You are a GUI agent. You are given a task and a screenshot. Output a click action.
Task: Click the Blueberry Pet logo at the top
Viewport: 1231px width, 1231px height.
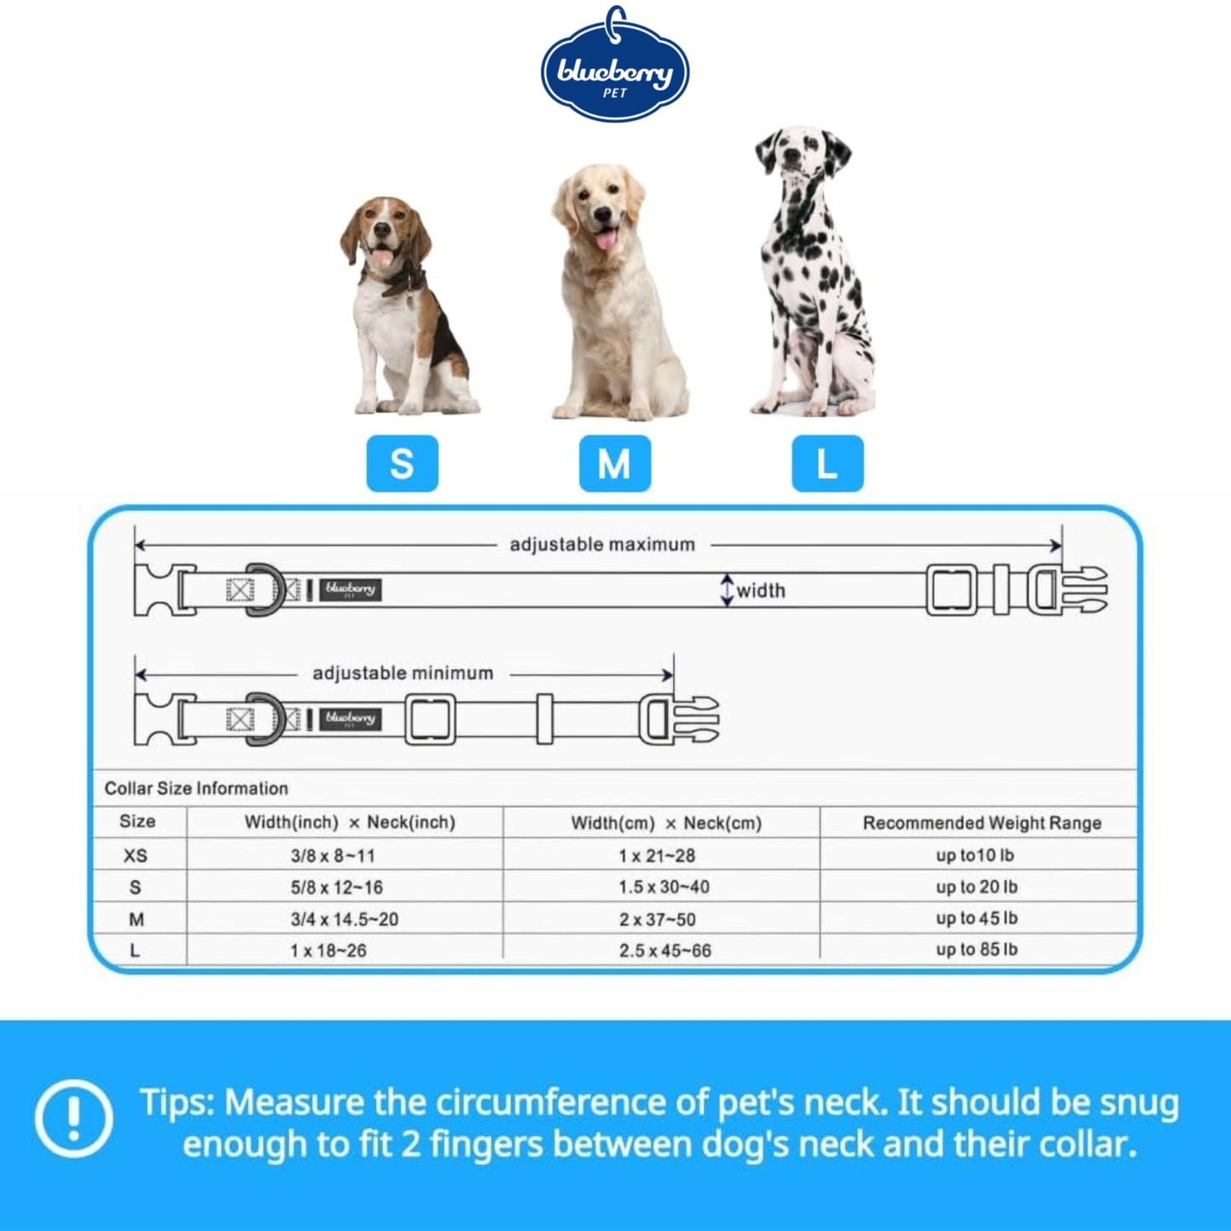(614, 67)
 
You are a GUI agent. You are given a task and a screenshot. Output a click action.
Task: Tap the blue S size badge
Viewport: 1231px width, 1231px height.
(402, 463)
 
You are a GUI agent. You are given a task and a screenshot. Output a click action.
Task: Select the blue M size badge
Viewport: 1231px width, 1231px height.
(614, 463)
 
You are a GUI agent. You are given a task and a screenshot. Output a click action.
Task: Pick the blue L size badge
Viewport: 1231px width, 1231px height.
(827, 463)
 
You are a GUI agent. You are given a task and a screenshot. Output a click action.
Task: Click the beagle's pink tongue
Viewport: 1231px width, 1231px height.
(382, 257)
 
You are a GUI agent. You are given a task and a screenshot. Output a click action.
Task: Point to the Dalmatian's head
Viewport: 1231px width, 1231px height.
(802, 153)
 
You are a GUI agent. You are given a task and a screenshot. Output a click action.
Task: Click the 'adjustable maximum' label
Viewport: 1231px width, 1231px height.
(601, 545)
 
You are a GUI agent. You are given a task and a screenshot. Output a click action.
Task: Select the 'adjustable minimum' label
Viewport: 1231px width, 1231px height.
(403, 673)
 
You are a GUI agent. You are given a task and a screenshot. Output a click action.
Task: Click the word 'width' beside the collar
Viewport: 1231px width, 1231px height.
(761, 591)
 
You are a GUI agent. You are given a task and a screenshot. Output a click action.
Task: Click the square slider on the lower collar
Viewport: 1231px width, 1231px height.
(430, 720)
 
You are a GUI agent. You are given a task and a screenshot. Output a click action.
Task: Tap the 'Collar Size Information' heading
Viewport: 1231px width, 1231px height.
(196, 788)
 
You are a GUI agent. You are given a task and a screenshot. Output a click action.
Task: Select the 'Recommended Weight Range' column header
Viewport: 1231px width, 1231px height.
(982, 823)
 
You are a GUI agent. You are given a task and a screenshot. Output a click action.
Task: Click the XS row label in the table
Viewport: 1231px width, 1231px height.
(135, 855)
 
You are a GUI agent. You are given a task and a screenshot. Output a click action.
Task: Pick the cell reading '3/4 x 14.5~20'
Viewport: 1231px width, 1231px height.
(344, 919)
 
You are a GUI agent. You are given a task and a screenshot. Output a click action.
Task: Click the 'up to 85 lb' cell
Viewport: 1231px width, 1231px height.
(977, 950)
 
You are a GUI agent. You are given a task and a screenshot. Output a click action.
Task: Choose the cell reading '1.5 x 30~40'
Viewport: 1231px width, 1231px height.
(664, 888)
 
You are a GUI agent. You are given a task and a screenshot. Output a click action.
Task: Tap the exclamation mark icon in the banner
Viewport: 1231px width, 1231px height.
(74, 1119)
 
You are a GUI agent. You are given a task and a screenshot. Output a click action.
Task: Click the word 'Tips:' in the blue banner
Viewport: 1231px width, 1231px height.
(177, 1102)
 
